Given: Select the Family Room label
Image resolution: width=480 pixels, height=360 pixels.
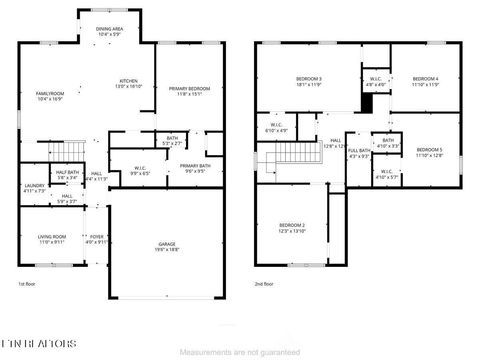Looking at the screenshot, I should tap(50, 96).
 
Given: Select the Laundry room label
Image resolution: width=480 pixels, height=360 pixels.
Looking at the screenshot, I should tap(34, 187).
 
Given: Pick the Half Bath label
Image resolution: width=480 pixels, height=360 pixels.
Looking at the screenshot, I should tap(68, 174).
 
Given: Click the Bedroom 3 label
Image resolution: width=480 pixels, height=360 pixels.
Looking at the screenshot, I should tap(309, 82).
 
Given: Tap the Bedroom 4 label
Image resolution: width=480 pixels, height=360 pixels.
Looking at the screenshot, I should tap(424, 82).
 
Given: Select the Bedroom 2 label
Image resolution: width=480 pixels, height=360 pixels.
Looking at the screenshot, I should tap(291, 229).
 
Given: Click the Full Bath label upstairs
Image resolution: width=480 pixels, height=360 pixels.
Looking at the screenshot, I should tap(358, 153).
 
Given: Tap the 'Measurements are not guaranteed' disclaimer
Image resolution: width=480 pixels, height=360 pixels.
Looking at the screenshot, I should tap(239, 352).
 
